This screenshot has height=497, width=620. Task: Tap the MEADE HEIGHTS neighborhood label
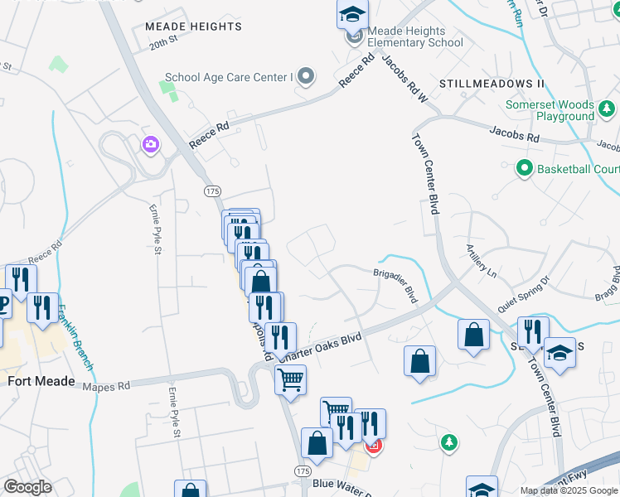[193, 27]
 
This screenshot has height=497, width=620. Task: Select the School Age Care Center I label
[230, 78]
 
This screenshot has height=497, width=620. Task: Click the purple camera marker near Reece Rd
[150, 145]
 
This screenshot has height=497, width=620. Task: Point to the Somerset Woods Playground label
[550, 111]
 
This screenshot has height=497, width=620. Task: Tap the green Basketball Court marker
[524, 169]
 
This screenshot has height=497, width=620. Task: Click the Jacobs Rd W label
[404, 80]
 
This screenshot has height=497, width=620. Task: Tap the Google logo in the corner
[27, 487]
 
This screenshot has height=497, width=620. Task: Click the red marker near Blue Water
[373, 447]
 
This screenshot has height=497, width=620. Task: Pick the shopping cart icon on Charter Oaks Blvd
[290, 380]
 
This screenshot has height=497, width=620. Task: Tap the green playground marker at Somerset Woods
[607, 109]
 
